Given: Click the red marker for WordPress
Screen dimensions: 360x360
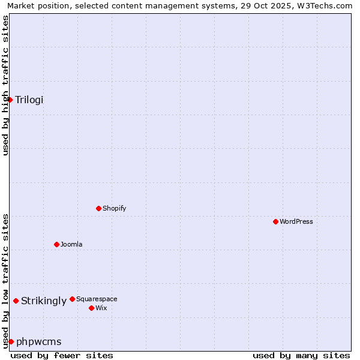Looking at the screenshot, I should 275,221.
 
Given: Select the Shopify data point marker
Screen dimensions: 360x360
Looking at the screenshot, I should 98,208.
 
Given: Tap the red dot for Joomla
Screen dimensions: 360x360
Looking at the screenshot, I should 56,244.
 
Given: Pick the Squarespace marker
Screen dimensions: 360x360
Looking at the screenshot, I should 72,299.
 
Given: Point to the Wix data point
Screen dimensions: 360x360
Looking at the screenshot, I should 91,308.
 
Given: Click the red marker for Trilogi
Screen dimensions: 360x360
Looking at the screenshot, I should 10,100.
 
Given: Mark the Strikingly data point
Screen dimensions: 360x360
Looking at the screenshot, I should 16,301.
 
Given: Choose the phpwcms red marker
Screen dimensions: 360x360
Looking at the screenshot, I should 11,341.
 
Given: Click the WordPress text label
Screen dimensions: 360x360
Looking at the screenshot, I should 296,221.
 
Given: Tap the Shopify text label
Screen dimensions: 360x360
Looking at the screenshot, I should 114,208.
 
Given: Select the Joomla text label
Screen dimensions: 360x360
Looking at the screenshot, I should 71,244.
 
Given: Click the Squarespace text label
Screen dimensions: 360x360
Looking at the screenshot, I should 97,299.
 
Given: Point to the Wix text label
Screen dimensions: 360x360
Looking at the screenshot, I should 101,308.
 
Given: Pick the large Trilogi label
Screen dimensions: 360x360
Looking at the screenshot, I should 29,100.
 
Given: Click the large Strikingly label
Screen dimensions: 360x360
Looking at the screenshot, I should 44,301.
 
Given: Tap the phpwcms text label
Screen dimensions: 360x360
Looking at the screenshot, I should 39,341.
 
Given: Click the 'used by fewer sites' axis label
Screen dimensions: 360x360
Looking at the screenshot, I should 62,355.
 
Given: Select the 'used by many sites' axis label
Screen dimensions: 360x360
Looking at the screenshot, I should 301,355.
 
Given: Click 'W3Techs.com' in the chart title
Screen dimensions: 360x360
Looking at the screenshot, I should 326,6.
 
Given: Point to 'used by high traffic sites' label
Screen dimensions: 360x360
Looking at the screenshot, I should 6,85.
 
